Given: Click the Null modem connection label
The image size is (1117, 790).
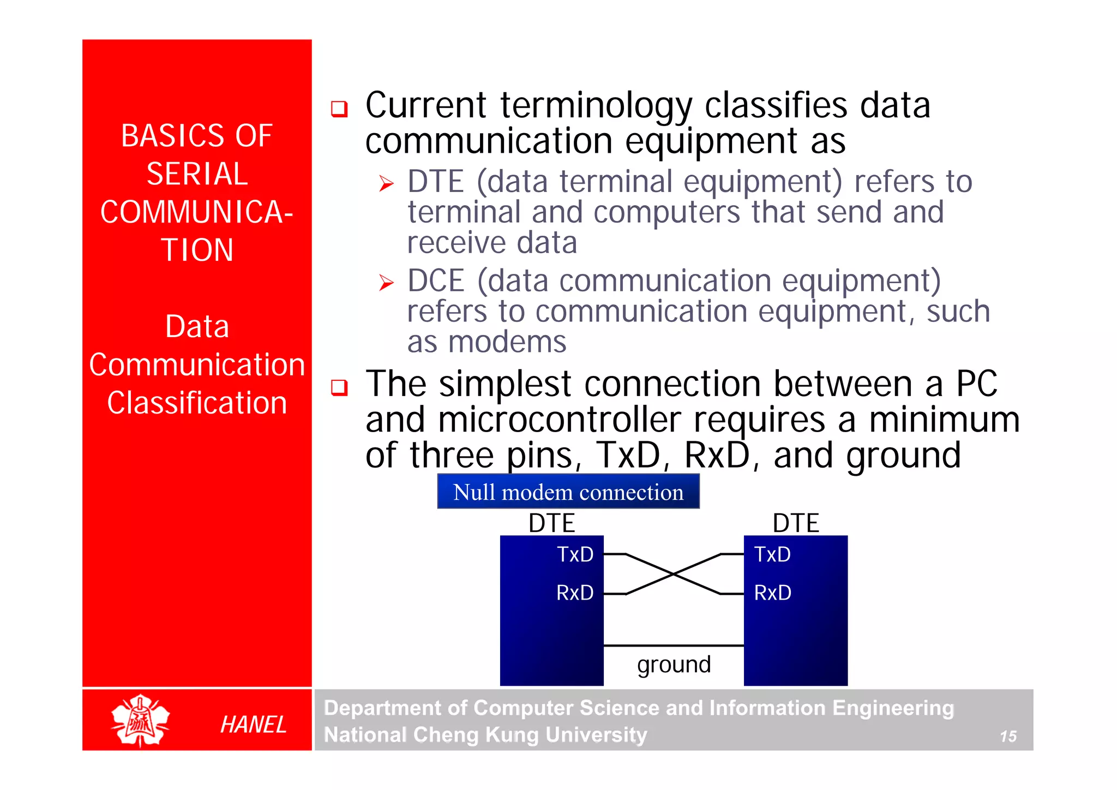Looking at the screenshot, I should [x=568, y=492].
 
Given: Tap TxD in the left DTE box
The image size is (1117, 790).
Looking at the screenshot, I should [x=574, y=554].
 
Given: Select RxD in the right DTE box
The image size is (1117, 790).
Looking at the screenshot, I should [x=772, y=592].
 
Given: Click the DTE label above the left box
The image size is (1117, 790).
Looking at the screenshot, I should [x=551, y=523].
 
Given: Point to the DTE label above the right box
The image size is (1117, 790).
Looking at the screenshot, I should [x=795, y=523].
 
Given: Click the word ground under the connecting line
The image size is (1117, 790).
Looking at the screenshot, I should [x=674, y=665].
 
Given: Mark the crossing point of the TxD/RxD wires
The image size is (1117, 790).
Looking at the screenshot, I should [x=674, y=574].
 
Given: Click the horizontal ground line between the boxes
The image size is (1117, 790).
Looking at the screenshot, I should [x=674, y=645].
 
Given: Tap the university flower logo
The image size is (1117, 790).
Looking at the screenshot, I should [x=140, y=721].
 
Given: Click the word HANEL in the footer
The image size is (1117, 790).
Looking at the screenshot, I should [x=253, y=725].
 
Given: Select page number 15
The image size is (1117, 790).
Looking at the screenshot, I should [x=1008, y=737].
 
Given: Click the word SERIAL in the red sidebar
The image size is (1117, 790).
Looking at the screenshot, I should [x=197, y=174].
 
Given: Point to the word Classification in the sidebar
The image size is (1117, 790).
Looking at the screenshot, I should [x=197, y=403].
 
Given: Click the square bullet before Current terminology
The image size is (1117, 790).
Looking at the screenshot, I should [x=339, y=109].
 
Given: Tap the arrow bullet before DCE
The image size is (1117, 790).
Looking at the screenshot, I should [x=386, y=283].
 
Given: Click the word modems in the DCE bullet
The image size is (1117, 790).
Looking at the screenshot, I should [x=507, y=343].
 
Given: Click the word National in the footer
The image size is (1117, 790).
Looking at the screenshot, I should [x=365, y=735].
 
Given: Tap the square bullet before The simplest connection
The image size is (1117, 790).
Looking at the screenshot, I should [x=339, y=387].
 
